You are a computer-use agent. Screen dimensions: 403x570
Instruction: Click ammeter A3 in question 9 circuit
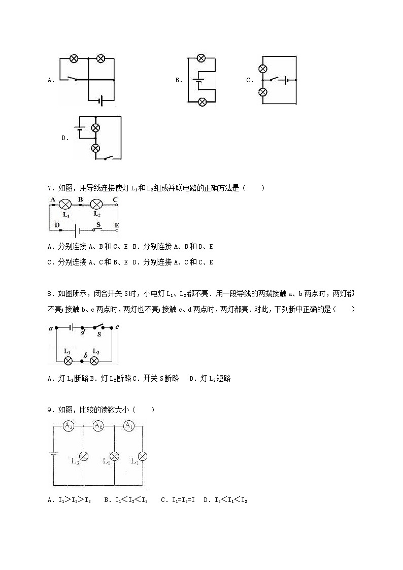68,427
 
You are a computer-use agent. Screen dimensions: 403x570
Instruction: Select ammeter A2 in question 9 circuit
98,426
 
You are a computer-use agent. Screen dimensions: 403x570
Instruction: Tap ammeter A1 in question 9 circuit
129,425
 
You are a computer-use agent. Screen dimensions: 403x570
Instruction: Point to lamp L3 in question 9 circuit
84,456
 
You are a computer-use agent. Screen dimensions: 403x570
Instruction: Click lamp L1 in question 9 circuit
143,456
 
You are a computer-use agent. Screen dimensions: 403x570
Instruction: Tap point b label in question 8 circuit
86,354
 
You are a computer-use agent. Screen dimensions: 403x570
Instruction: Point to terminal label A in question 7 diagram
53,199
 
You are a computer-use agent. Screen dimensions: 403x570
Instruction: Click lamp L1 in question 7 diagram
66,205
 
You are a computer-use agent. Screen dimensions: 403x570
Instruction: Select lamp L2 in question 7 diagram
96,205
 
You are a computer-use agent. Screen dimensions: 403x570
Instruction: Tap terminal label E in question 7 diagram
117,225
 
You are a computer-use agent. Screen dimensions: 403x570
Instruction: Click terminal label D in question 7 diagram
56,225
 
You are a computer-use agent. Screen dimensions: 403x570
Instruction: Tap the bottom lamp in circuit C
263,92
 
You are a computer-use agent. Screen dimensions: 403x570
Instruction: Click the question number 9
49,410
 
